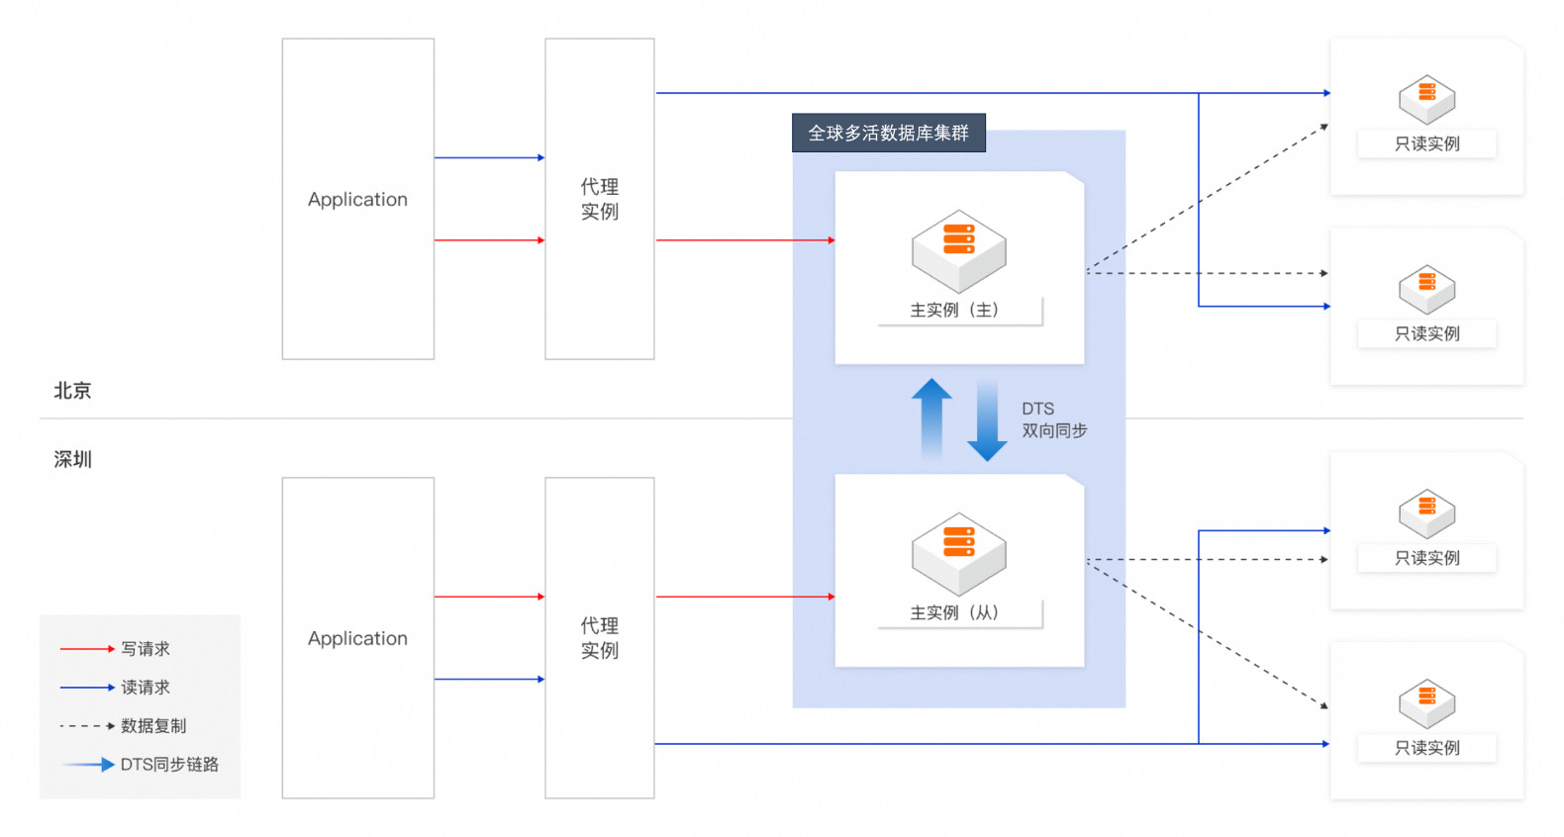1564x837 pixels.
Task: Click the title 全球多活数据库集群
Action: pos(888,133)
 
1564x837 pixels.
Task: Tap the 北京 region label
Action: pos(72,390)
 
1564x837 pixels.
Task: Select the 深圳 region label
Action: pos(72,459)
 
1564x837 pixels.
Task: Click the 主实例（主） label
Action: pos(954,310)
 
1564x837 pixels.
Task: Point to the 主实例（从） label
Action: pos(954,613)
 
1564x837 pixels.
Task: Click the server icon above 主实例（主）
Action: pos(958,251)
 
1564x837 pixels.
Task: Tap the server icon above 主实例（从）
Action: pos(958,554)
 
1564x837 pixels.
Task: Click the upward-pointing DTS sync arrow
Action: pos(931,418)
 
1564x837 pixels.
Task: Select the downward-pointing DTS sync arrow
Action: pos(987,420)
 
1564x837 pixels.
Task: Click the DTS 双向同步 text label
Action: pos(1054,419)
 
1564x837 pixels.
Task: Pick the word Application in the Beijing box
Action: pos(357,200)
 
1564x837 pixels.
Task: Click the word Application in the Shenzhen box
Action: pos(357,639)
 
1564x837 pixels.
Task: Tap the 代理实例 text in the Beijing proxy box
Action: pos(600,199)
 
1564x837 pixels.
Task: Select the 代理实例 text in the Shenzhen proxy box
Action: pos(600,638)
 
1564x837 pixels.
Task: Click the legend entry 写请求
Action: pos(146,649)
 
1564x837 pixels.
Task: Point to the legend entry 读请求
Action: pos(146,688)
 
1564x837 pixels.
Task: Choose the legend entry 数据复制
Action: pos(153,726)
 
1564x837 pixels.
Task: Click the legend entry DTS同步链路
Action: pos(169,765)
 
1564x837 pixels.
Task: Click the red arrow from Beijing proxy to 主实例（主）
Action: pos(745,240)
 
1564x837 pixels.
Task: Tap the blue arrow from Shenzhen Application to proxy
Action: pos(489,680)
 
